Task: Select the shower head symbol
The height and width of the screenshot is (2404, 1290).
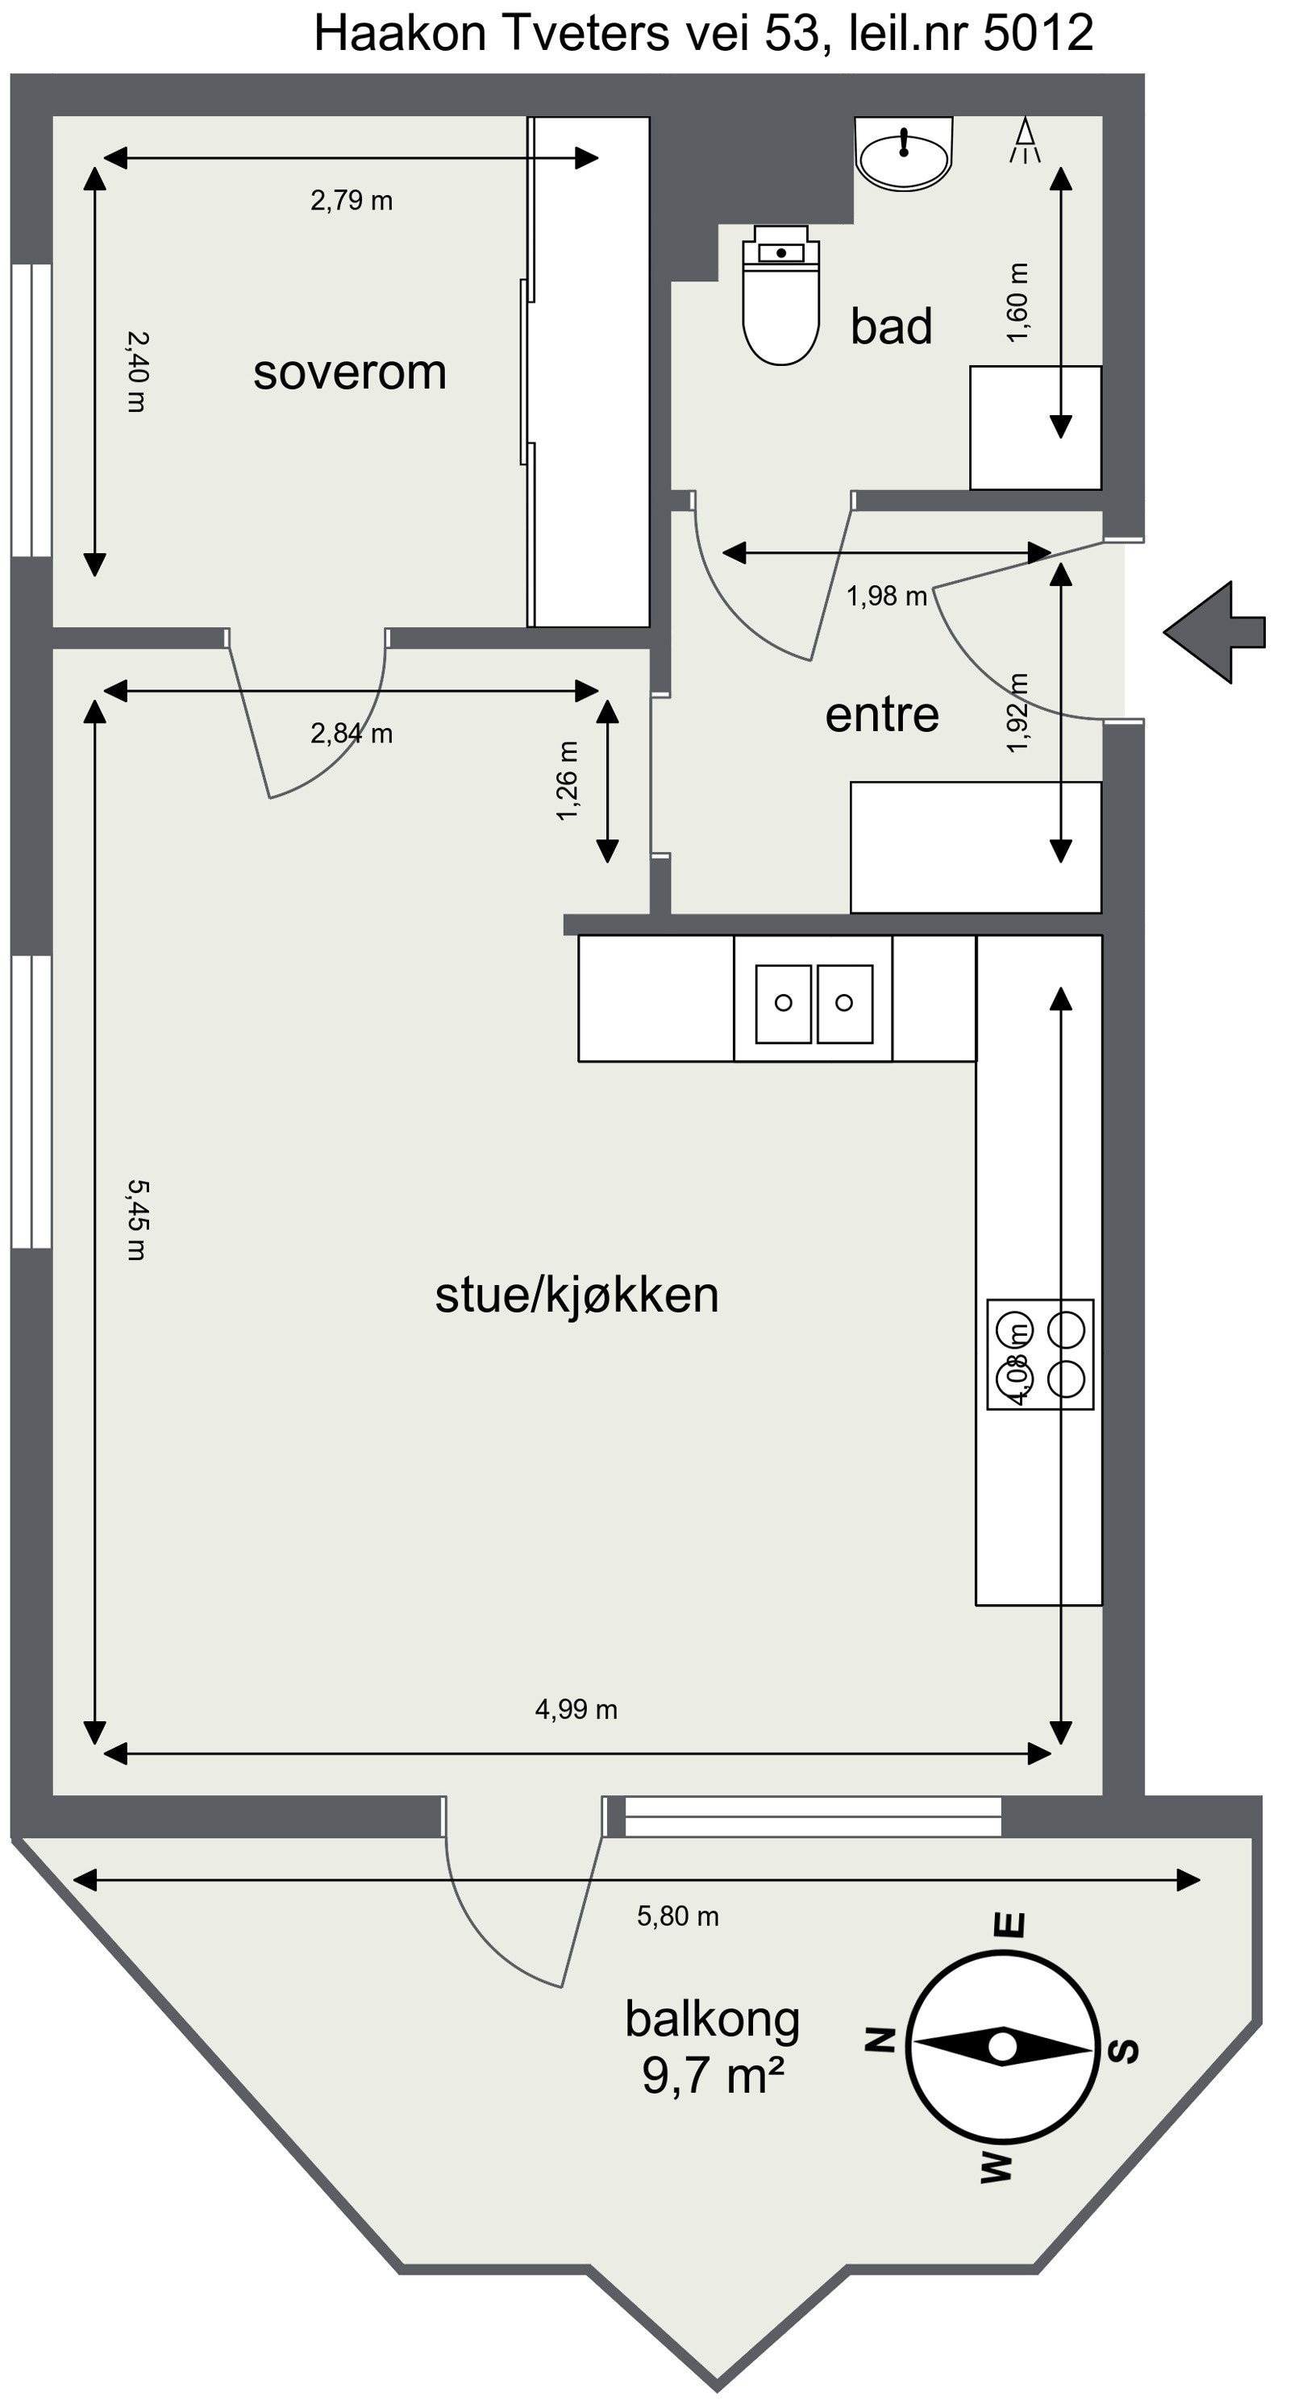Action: click(1025, 141)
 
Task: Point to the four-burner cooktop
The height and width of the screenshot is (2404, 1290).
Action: click(1040, 1354)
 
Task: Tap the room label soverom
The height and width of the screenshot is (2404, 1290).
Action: click(350, 372)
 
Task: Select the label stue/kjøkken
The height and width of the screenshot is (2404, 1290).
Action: click(576, 1296)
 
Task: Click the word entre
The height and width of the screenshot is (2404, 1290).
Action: click(882, 715)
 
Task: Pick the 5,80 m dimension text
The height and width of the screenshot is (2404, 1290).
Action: click(678, 1917)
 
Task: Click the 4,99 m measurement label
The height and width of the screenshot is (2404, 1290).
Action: click(576, 1710)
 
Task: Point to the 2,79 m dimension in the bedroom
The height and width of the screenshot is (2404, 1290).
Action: click(351, 201)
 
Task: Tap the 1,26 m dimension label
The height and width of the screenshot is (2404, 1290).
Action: click(568, 780)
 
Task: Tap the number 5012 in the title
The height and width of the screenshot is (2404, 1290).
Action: click(1038, 34)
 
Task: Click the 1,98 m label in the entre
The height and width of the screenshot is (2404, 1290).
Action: click(886, 597)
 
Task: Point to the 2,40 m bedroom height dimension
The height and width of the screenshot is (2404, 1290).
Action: click(136, 372)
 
